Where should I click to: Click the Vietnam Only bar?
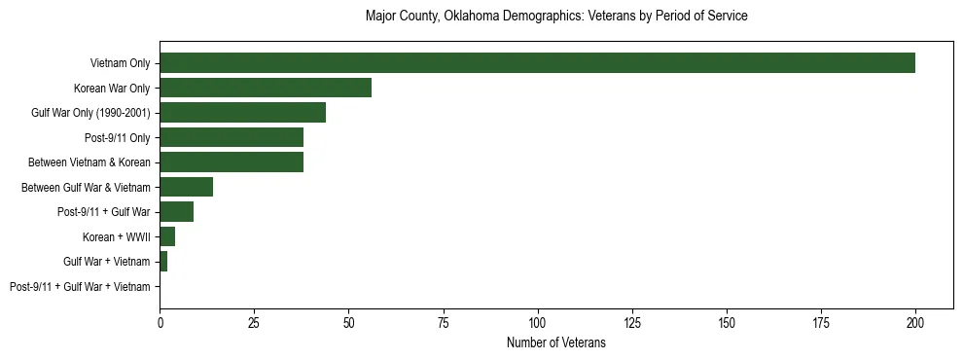click(x=537, y=63)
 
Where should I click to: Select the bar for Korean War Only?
click(x=266, y=88)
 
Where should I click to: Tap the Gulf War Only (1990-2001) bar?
click(x=242, y=113)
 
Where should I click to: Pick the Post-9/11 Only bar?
click(x=232, y=137)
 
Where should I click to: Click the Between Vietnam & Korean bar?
click(x=232, y=162)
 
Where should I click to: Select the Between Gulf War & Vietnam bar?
click(x=186, y=187)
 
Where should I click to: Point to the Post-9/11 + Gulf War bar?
click(x=176, y=211)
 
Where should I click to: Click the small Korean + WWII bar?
click(x=167, y=236)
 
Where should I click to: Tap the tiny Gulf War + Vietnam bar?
click(x=163, y=261)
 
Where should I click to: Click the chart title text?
click(x=555, y=17)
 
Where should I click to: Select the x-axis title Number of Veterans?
click(x=555, y=342)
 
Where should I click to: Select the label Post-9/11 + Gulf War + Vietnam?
click(x=80, y=286)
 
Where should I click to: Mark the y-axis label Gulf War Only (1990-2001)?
click(x=90, y=113)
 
